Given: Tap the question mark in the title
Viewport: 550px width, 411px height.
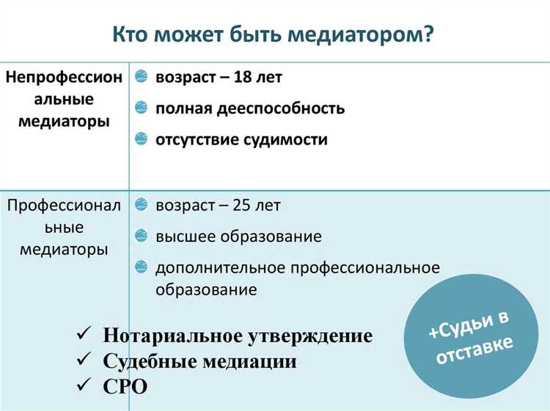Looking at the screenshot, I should (428, 35).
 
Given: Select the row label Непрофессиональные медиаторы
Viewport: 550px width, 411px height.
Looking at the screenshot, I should (65, 99).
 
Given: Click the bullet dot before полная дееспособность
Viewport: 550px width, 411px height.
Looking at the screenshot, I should (142, 108).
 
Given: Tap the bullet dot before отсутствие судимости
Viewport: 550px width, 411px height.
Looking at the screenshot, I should (142, 139).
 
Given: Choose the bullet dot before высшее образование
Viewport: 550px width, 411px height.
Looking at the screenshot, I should (142, 236).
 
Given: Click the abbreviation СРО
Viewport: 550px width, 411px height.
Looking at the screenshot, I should (125, 385).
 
